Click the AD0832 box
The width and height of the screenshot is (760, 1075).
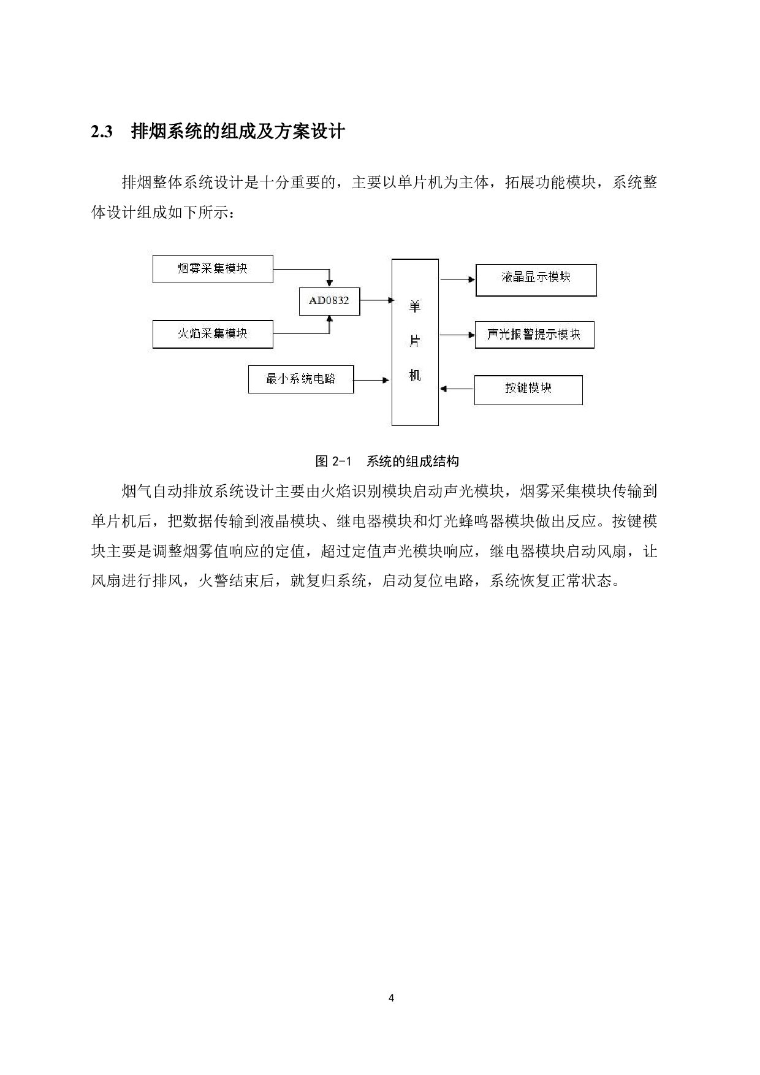coord(329,301)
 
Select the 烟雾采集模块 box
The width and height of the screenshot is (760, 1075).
coord(212,269)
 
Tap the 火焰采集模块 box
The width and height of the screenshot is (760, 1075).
coord(212,334)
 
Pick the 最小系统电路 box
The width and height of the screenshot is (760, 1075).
coord(300,379)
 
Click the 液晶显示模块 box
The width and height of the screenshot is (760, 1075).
coord(536,280)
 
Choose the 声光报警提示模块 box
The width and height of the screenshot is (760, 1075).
coord(534,335)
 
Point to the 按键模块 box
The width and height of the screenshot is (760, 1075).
coord(528,389)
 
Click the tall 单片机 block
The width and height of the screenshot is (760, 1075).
coord(415,342)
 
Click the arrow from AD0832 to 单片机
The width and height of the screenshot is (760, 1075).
coord(376,300)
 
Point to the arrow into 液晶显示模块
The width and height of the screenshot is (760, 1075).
coord(457,279)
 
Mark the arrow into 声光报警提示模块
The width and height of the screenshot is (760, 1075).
coord(457,335)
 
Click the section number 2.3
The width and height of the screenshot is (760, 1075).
coord(102,132)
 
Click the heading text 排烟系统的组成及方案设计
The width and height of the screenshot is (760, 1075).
coord(238,132)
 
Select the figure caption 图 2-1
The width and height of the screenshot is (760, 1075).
coord(332,462)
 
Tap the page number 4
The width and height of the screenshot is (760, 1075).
coord(391,998)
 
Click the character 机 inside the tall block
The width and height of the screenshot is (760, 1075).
coord(415,376)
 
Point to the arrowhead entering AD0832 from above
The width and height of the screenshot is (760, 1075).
coord(330,283)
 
